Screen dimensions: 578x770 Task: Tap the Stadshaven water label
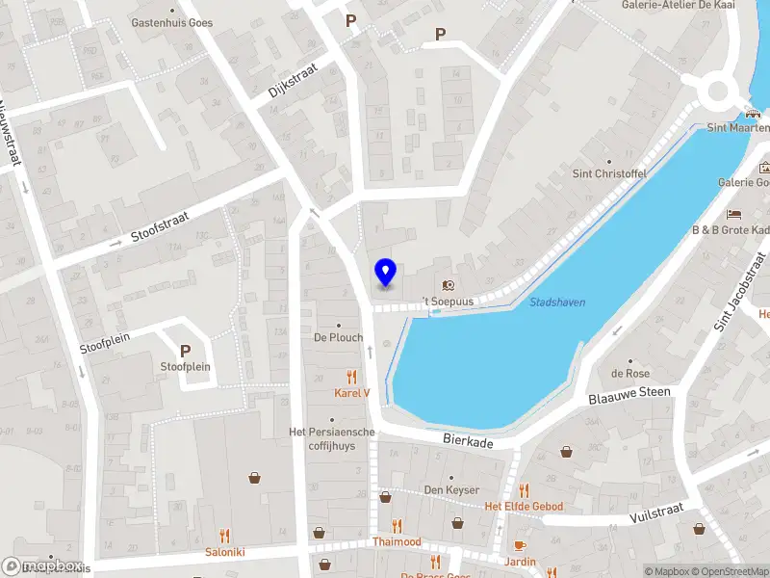click(557, 302)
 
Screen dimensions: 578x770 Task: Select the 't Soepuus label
click(449, 300)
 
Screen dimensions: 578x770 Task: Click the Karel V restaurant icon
click(352, 377)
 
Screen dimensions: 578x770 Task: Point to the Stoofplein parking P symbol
click(185, 352)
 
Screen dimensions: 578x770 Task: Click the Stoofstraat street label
click(161, 226)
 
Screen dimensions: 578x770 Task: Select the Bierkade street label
click(468, 439)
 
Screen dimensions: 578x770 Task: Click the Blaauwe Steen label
click(629, 393)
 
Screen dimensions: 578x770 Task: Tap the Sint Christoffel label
click(609, 173)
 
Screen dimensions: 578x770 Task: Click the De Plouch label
click(338, 338)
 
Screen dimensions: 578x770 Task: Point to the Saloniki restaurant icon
click(224, 536)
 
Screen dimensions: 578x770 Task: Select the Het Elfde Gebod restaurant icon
click(524, 490)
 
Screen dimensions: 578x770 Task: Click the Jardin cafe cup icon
click(520, 545)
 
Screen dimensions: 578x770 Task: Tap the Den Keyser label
click(451, 490)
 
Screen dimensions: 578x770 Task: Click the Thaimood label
click(397, 541)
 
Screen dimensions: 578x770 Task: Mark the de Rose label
click(630, 374)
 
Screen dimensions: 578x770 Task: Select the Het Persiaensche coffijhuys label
click(331, 438)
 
